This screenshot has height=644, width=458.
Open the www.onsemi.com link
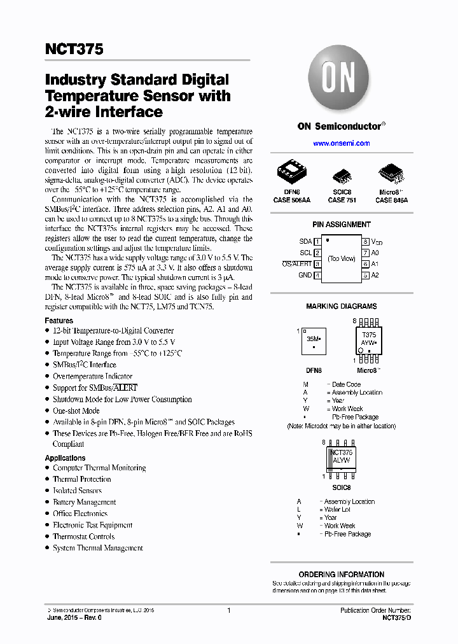pyautogui.click(x=341, y=143)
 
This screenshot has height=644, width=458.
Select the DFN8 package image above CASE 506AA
pyautogui.click(x=292, y=172)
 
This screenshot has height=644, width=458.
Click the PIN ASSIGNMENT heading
pyautogui.click(x=341, y=225)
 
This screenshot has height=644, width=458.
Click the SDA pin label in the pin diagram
pyautogui.click(x=305, y=242)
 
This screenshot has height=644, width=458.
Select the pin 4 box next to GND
pyautogui.click(x=317, y=276)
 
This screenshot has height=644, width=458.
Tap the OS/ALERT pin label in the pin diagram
pyautogui.click(x=296, y=264)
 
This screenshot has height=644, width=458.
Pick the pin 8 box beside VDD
pyautogui.click(x=366, y=242)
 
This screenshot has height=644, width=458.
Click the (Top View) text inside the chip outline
pyautogui.click(x=342, y=258)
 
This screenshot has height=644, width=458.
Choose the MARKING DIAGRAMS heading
pyautogui.click(x=341, y=306)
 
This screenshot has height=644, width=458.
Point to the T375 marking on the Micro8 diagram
pyautogui.click(x=368, y=335)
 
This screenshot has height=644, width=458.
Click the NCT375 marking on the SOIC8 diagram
pyautogui.click(x=341, y=452)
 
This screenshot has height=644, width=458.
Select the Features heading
pyautogui.click(x=59, y=321)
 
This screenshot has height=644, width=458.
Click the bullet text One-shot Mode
pyautogui.click(x=76, y=411)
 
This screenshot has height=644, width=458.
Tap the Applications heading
pyautogui.click(x=65, y=458)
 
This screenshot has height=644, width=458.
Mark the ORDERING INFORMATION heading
pyautogui.click(x=341, y=574)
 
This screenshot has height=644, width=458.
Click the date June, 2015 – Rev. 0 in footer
pyautogui.click(x=74, y=618)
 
